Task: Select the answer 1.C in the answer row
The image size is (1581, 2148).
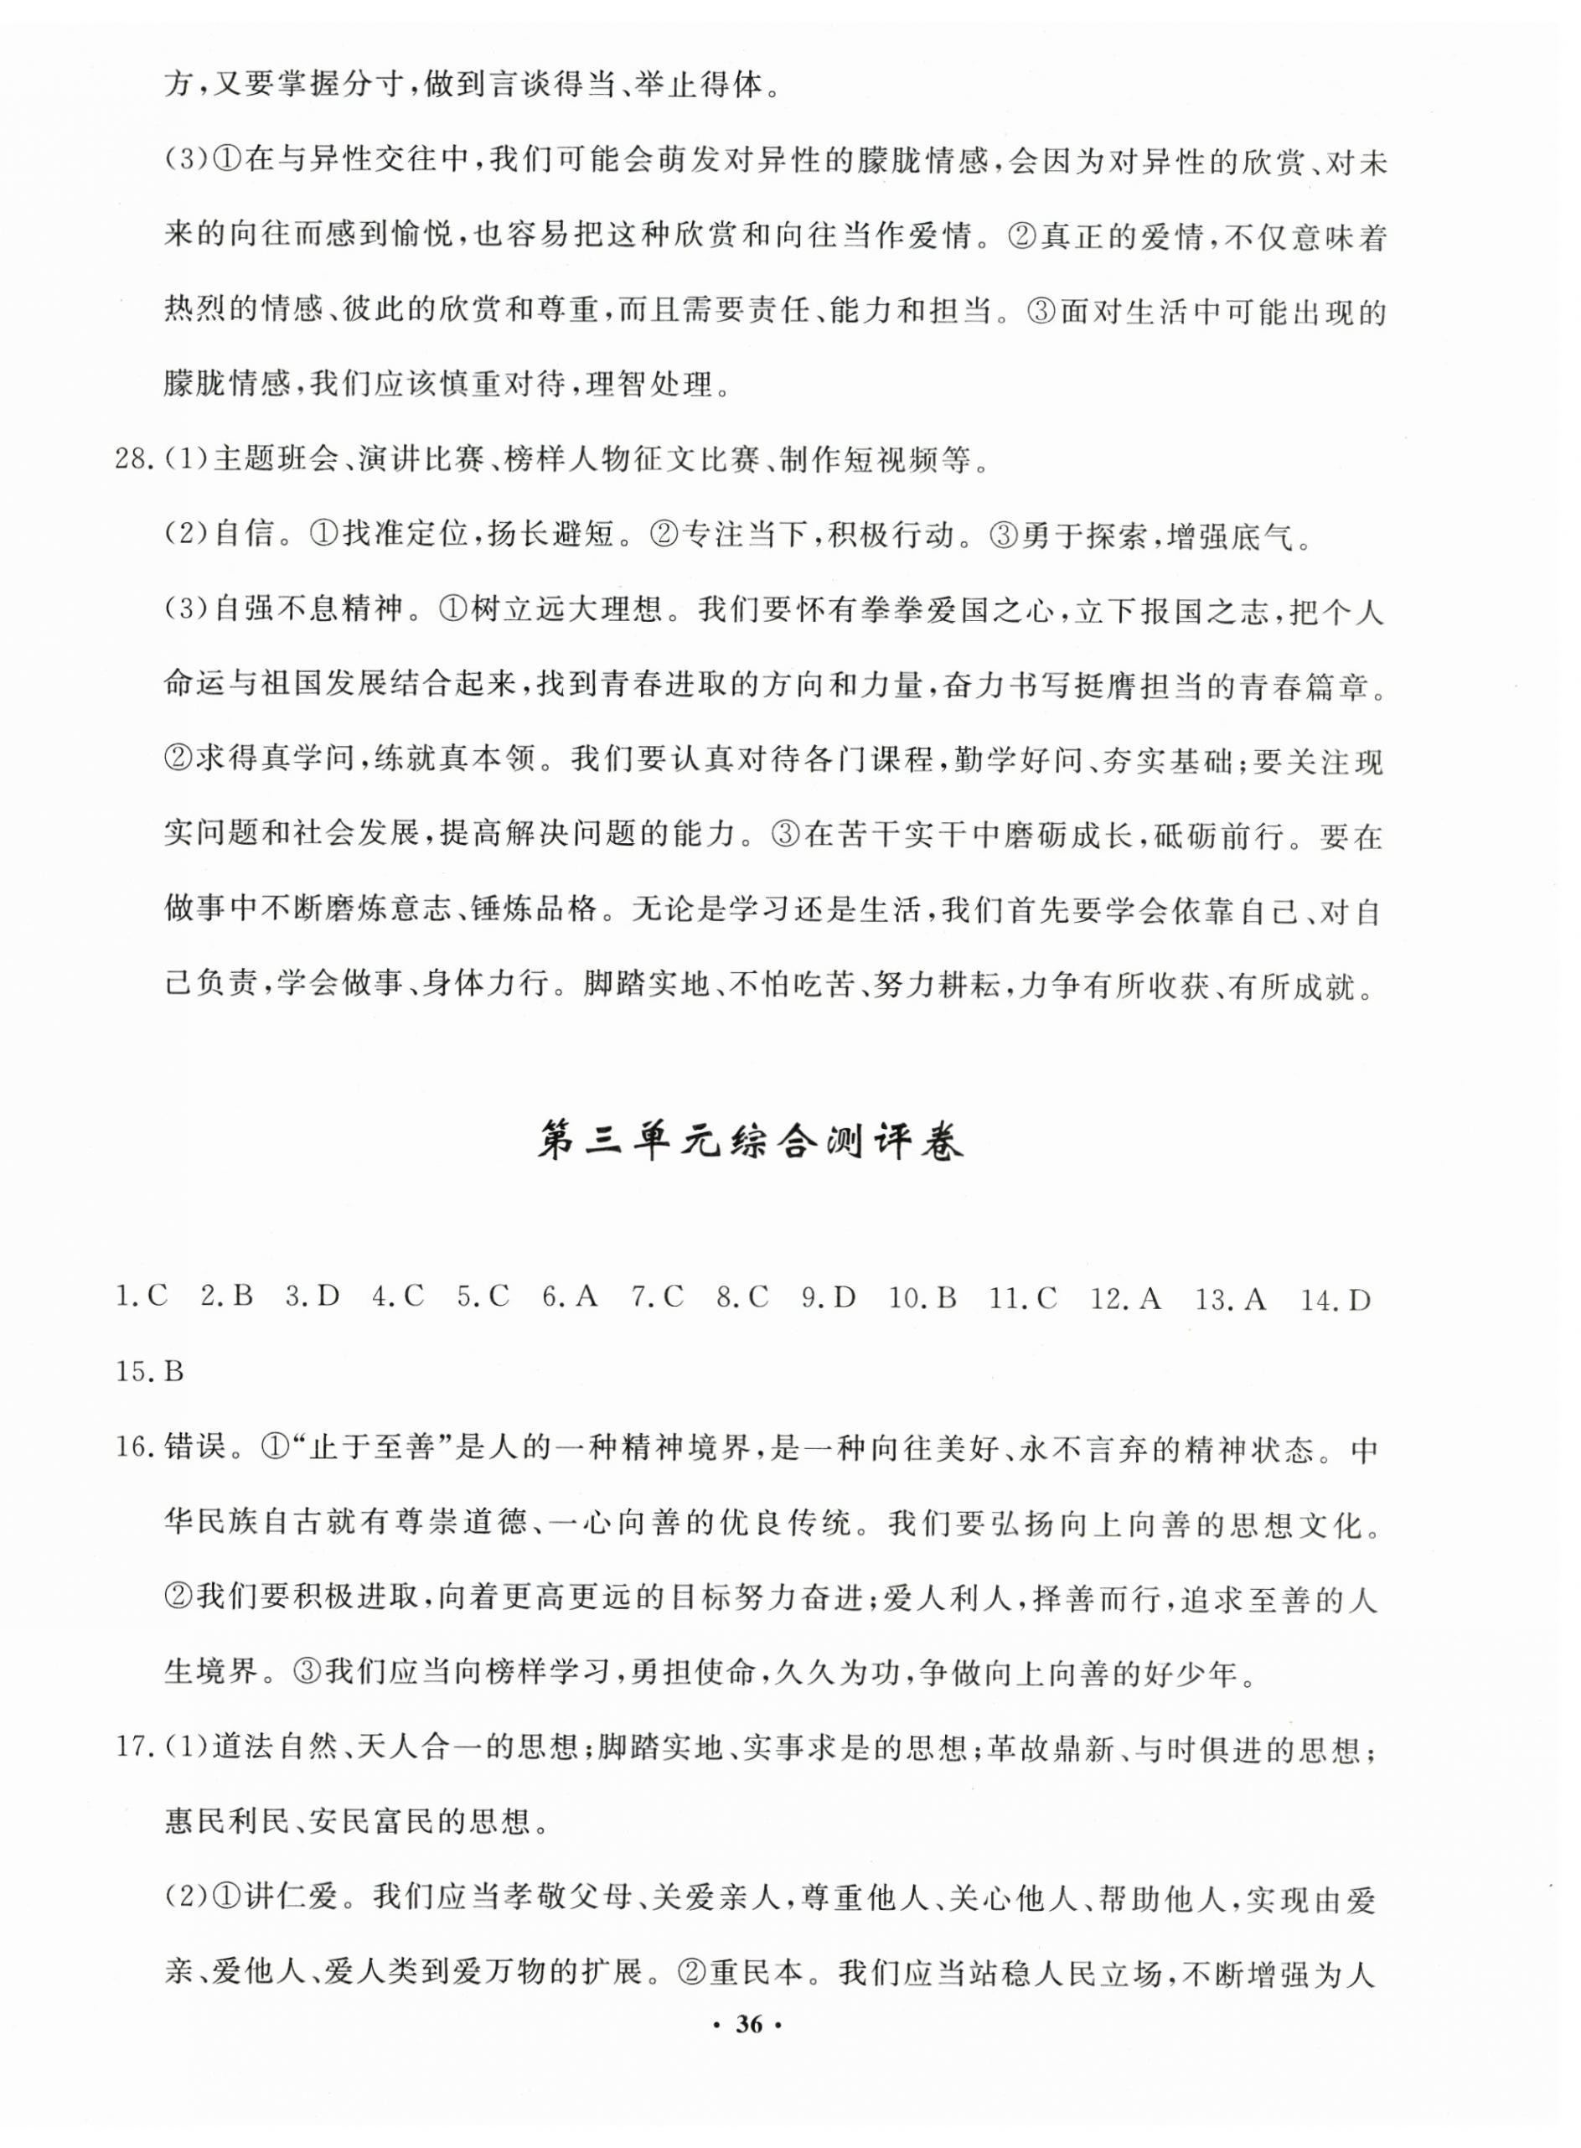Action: pos(141,1298)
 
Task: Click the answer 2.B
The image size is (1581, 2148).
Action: pos(227,1298)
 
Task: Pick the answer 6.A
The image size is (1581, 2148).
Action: pos(570,1298)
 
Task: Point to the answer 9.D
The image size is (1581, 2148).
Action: pos(828,1298)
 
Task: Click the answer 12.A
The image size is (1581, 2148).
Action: pos(1125,1298)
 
